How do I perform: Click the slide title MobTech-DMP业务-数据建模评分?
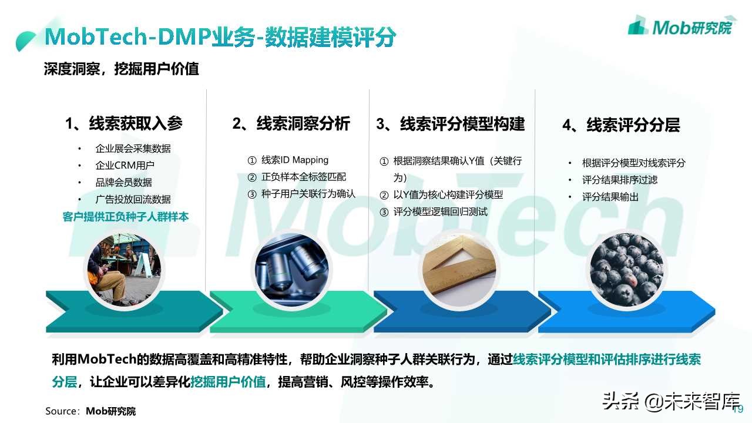pyautogui.click(x=220, y=38)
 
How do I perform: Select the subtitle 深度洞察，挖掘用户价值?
pyautogui.click(x=122, y=69)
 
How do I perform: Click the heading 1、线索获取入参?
pyautogui.click(x=124, y=123)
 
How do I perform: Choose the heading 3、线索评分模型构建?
pyautogui.click(x=451, y=123)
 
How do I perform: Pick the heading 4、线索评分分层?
pyautogui.click(x=621, y=125)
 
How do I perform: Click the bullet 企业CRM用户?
pyautogui.click(x=125, y=166)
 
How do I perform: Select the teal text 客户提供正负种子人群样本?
pyautogui.click(x=126, y=217)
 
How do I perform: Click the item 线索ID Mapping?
pyautogui.click(x=294, y=160)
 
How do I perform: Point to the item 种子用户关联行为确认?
pyautogui.click(x=308, y=194)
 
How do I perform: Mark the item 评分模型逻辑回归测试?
pyautogui.click(x=440, y=211)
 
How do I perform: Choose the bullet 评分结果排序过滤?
pyautogui.click(x=620, y=180)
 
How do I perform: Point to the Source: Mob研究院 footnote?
pyautogui.click(x=90, y=411)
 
